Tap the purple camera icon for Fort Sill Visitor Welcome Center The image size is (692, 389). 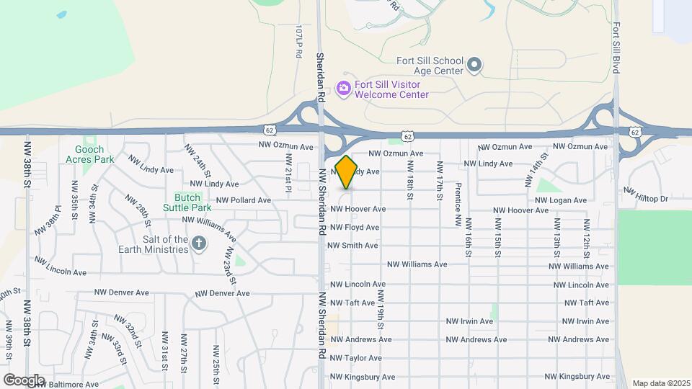[344, 88]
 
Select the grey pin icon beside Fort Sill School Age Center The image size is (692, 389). [474, 66]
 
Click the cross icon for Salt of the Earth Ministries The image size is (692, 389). [200, 245]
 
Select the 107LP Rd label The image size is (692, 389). [298, 42]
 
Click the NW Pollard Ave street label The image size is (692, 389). [244, 200]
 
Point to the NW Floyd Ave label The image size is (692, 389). [355, 228]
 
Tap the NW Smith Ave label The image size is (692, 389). [352, 246]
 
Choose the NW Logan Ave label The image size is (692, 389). [562, 200]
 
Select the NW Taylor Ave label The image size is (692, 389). [356, 358]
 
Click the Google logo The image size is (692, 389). [24, 380]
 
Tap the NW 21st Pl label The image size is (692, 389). [288, 171]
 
